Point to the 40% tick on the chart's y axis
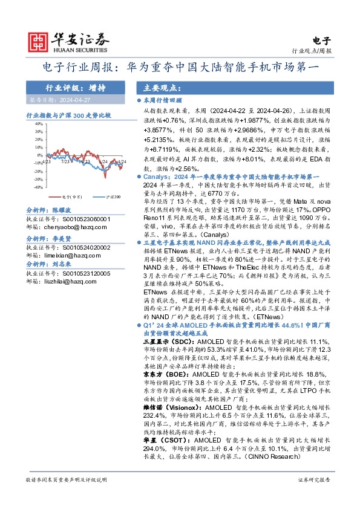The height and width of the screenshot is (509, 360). pyautogui.click(x=39, y=123)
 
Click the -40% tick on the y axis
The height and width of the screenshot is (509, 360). pyautogui.click(x=39, y=187)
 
